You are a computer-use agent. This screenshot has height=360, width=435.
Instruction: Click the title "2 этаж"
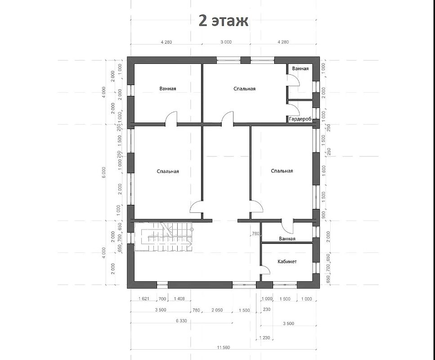pyautogui.click(x=223, y=21)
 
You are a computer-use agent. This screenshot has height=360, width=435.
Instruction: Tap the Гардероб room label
pyautogui.click(x=300, y=119)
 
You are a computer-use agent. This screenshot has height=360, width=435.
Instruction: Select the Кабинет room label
pyautogui.click(x=287, y=261)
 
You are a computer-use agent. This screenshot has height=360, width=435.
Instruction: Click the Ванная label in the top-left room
pyautogui.click(x=167, y=89)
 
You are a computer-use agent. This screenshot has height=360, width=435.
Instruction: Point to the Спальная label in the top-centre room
pyautogui.click(x=244, y=89)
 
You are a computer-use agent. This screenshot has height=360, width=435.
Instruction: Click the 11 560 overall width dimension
pyautogui.click(x=223, y=347)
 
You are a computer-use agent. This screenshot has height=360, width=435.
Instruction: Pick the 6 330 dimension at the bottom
pyautogui.click(x=181, y=320)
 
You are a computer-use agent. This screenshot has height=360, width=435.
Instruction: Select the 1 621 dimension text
pyautogui.click(x=144, y=299)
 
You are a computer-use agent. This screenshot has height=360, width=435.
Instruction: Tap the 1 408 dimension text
pyautogui.click(x=179, y=299)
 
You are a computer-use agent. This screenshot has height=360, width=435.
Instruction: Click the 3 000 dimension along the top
pyautogui.click(x=226, y=42)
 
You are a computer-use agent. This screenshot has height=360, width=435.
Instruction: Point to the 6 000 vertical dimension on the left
pyautogui.click(x=104, y=172)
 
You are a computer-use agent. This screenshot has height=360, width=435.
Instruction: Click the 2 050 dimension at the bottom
pyautogui.click(x=217, y=310)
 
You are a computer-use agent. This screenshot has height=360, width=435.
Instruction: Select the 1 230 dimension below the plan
pyautogui.click(x=265, y=338)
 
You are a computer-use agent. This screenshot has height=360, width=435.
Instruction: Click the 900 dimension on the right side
pyautogui.click(x=323, y=214)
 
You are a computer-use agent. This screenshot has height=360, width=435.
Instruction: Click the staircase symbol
pyautogui.click(x=164, y=237)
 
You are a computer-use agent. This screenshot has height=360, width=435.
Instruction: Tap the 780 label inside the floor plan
pyautogui.click(x=255, y=234)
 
